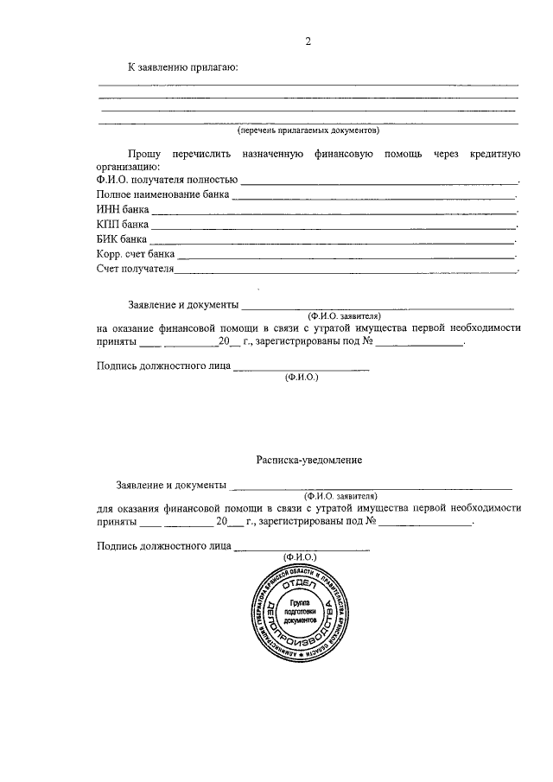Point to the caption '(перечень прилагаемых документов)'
point(308,131)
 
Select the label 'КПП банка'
point(123,225)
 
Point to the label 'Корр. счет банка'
point(137,255)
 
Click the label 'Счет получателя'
point(136,270)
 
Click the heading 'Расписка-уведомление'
point(308,460)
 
